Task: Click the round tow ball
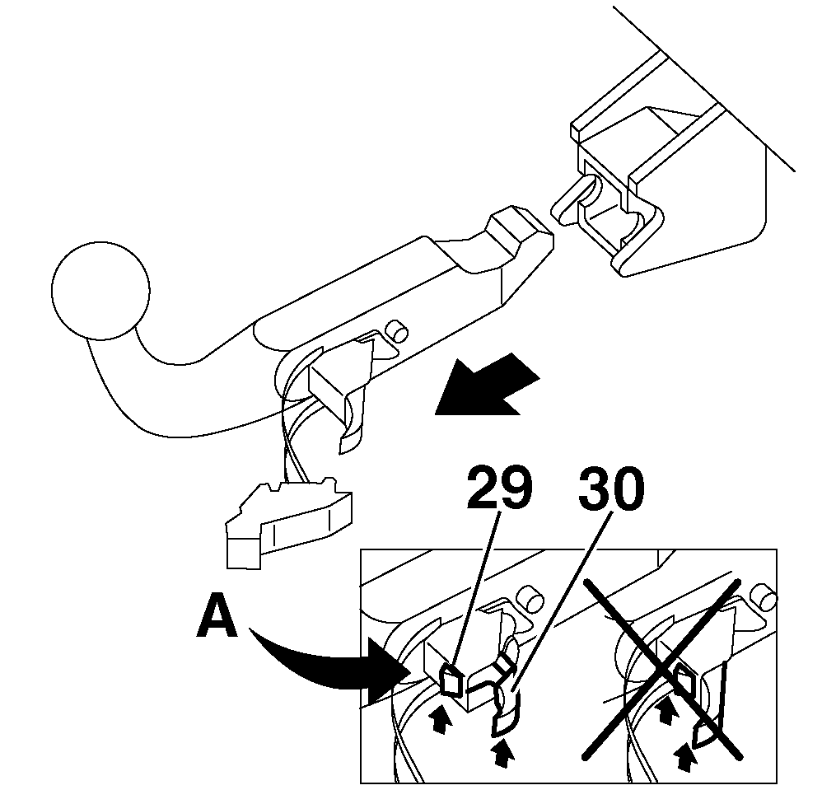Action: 100,289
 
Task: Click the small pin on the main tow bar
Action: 398,330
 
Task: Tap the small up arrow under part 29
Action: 443,720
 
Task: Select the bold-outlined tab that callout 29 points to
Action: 451,681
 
